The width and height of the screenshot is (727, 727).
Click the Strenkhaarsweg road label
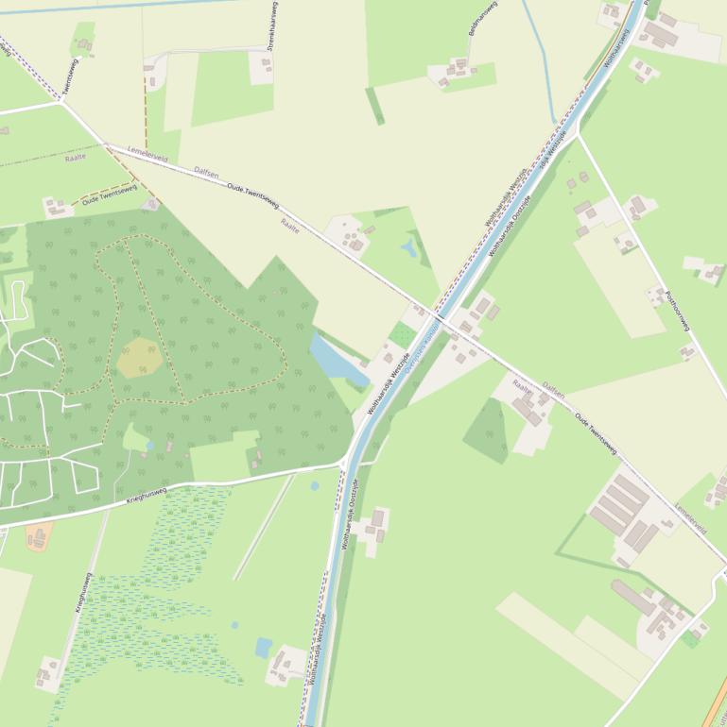(271, 26)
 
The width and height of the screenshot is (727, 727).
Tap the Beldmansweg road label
(482, 19)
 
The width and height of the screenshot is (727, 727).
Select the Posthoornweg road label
(678, 311)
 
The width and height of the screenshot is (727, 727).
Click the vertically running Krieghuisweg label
(83, 592)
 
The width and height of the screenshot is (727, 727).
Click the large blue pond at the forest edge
(337, 360)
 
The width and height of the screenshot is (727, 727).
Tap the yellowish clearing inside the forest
(139, 357)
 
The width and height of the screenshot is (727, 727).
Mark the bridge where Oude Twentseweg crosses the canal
(439, 314)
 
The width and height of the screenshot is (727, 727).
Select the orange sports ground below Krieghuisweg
(39, 536)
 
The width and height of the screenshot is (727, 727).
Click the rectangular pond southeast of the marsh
(263, 648)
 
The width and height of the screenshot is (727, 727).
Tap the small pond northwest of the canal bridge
(408, 248)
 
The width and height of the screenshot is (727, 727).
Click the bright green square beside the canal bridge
(403, 335)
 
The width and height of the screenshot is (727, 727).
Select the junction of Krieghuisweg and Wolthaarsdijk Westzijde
(344, 464)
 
